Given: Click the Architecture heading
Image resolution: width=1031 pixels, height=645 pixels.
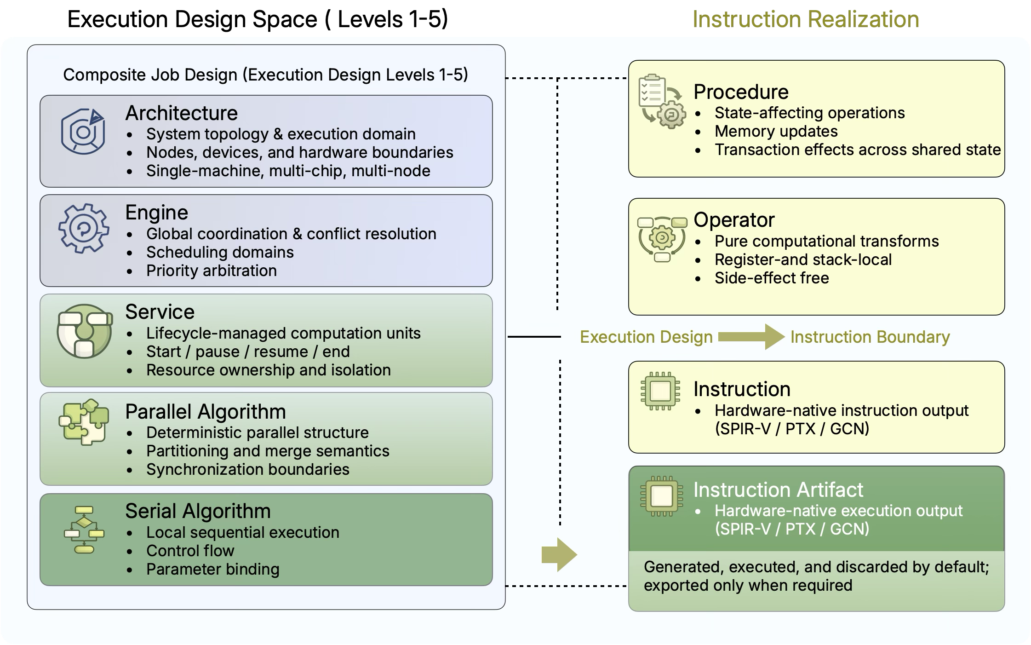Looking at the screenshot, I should point(181,113).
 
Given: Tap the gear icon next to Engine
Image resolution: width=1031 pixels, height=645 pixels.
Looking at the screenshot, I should point(84,229).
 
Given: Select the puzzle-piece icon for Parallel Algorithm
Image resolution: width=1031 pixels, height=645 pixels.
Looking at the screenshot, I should point(84,421).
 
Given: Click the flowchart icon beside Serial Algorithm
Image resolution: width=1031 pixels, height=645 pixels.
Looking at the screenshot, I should point(84,530).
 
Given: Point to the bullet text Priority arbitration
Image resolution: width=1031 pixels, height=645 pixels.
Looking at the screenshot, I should point(211,271).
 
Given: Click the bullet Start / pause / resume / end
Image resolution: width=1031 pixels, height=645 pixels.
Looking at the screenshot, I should point(248,351).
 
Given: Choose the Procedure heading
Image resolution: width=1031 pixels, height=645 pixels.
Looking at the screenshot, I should point(740,92).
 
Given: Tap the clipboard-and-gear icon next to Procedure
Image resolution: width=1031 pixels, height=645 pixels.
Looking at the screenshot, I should point(661,101).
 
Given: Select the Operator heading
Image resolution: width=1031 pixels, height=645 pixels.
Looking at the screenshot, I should point(733,220).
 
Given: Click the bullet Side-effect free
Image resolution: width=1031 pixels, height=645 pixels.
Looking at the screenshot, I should point(771,278).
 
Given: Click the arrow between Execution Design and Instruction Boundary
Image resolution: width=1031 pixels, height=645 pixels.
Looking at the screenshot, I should point(751,337).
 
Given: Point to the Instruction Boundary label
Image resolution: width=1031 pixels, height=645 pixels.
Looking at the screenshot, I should point(870,337).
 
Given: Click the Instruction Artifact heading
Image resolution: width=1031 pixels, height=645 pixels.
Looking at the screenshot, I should point(778,490).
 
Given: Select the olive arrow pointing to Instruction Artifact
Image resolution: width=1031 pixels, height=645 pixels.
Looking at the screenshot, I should point(559,554).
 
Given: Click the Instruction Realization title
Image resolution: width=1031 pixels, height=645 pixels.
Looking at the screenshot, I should point(805,20).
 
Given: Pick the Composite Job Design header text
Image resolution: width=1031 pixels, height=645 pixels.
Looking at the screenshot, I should point(265,75).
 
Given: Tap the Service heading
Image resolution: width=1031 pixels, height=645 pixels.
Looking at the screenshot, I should point(160,312).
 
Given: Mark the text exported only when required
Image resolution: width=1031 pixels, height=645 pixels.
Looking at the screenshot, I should point(748,585).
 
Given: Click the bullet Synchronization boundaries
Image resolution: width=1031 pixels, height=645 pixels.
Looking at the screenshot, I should point(247,469).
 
